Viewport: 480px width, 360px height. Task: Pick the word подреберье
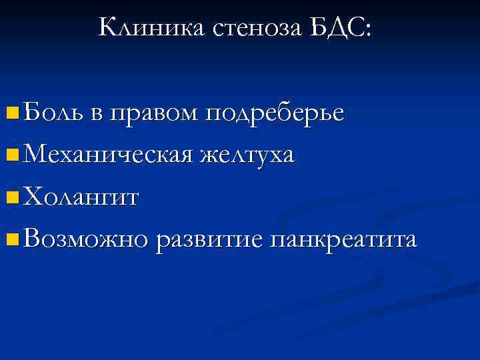point(275,113)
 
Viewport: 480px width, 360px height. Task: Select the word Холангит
point(81,197)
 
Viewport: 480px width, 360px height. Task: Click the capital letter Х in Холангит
point(32,197)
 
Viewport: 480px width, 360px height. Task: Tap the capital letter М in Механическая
point(35,155)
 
